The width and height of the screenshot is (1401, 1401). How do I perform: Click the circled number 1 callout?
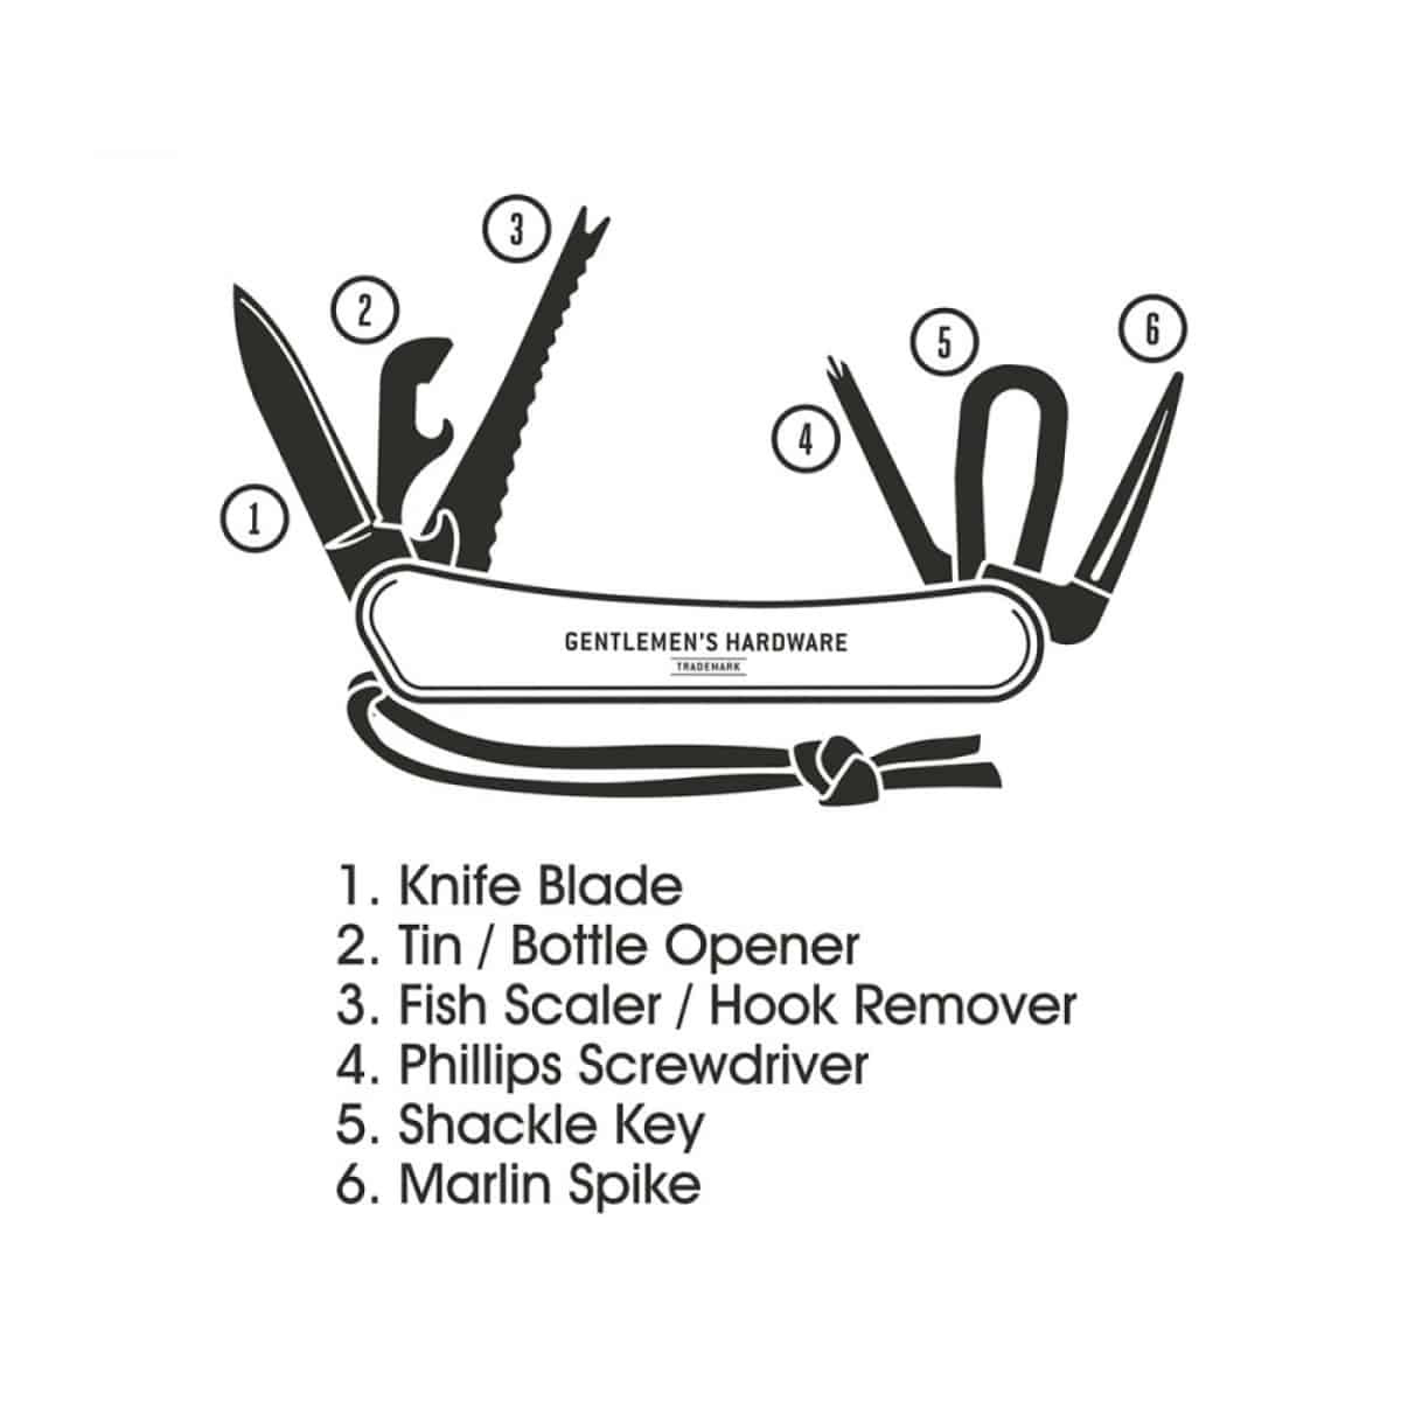tap(255, 518)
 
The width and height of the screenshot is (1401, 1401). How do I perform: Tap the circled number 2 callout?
tap(365, 312)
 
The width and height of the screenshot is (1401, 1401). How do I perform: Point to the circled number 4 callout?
tap(806, 439)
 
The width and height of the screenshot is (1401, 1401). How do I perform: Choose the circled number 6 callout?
tap(1152, 329)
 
